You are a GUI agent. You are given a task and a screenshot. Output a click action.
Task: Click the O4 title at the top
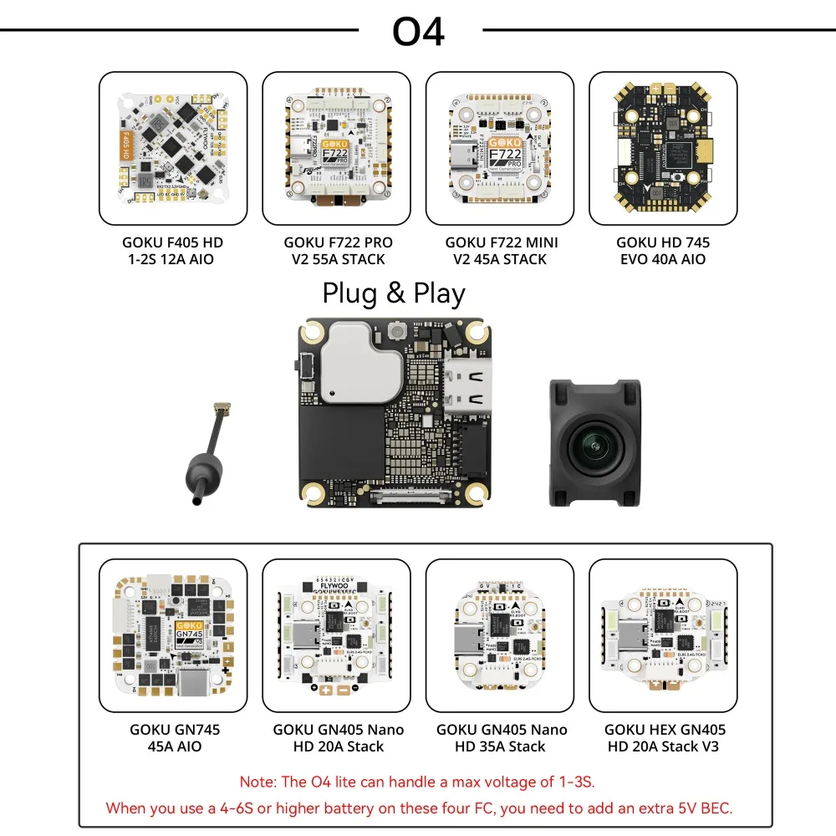coord(418,31)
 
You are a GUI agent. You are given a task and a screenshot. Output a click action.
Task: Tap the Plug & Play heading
coord(394,293)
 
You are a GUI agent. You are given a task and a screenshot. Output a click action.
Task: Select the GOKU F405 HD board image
coord(173,148)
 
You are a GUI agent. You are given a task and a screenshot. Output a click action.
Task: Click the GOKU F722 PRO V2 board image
coord(336,148)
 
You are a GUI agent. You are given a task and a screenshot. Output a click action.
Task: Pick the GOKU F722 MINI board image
coord(499,148)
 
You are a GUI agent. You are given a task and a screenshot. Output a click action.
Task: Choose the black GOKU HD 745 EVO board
coord(663,148)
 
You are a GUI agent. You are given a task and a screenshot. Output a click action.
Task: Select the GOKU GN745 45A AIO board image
coord(173,635)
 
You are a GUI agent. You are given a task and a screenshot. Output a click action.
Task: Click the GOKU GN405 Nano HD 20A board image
coord(336,635)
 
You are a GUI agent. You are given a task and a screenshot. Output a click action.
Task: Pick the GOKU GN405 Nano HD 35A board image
coord(499,635)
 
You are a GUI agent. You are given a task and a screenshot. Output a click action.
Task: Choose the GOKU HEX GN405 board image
coord(663,635)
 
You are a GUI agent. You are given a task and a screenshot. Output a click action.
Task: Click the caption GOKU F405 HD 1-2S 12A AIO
coord(173,251)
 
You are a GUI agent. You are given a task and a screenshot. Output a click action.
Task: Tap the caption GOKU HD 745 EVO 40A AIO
coord(663,251)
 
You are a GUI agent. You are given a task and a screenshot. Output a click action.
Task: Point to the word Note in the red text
coord(257,782)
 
